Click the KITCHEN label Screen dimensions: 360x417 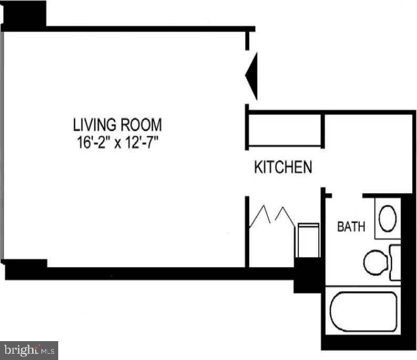click(283, 167)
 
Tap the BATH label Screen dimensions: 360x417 click(351, 227)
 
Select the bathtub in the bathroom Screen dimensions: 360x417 click(363, 312)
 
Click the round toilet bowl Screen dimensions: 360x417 click(375, 261)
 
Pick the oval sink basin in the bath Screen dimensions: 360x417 click(388, 219)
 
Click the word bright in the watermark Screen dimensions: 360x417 click(21, 350)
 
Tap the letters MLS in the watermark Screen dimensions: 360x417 click(48, 350)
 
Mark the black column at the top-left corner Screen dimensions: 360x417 click(25, 13)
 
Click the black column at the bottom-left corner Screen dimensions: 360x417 click(26, 269)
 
